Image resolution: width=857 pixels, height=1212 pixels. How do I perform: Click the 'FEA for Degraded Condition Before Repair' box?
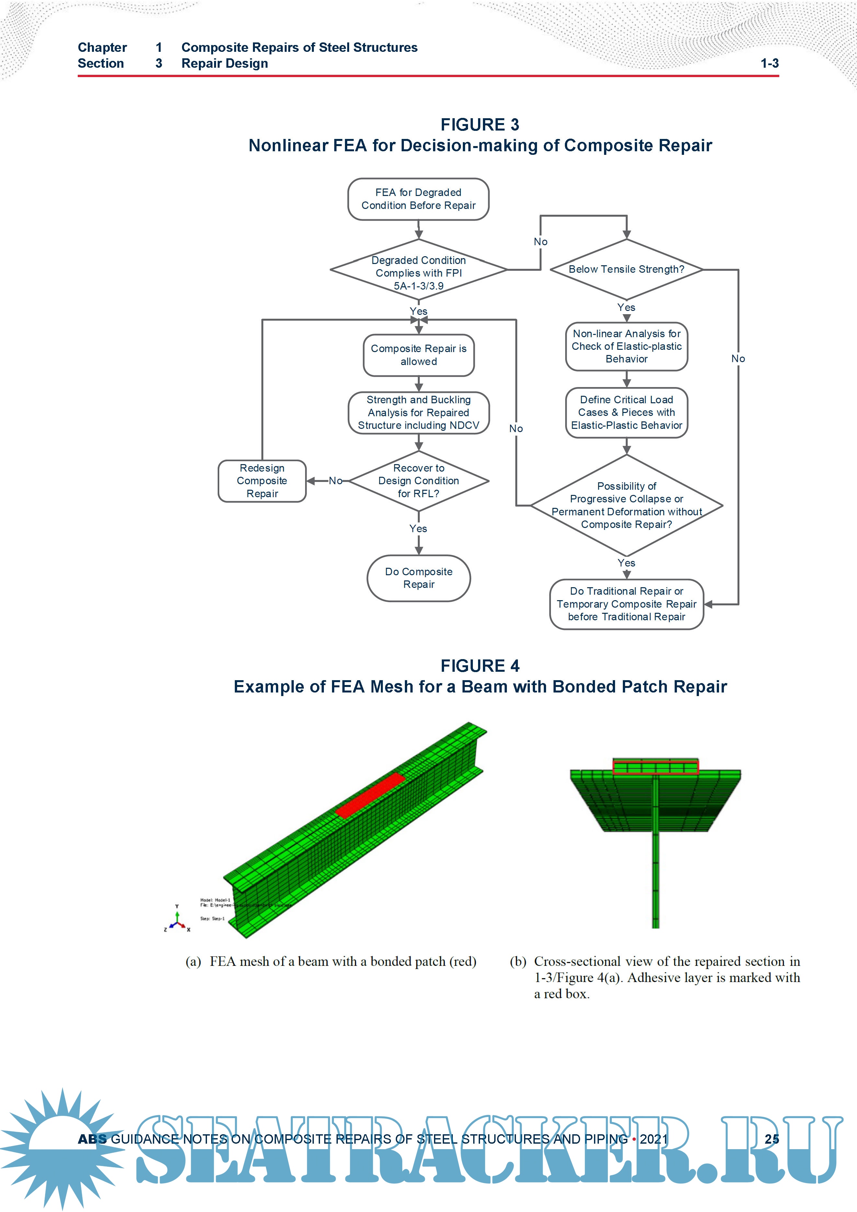[418, 199]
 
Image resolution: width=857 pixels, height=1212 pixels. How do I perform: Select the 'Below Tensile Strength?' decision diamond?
[626, 269]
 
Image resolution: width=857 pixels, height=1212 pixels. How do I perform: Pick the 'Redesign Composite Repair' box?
[262, 481]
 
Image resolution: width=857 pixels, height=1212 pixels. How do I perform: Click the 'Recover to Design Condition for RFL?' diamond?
[418, 481]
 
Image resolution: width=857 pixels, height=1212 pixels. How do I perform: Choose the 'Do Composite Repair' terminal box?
[418, 578]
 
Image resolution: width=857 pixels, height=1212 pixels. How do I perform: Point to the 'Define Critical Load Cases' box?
[626, 413]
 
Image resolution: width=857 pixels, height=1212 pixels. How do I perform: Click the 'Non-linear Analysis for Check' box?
[626, 346]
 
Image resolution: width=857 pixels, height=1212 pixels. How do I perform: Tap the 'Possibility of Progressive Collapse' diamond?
[626, 505]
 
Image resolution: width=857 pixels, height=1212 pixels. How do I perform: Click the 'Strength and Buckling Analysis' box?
[418, 413]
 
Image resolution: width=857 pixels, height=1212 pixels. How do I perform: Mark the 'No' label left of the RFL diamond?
[335, 481]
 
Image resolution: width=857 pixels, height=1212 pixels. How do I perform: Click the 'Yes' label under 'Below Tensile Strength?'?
[626, 307]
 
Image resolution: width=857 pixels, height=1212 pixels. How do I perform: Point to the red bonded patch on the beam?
[371, 795]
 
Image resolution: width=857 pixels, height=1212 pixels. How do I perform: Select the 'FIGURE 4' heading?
[480, 666]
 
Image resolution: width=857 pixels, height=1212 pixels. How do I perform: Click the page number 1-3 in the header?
[770, 63]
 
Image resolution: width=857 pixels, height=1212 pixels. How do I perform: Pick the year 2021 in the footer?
[654, 1139]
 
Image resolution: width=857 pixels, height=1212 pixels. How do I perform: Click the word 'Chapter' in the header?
[102, 48]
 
